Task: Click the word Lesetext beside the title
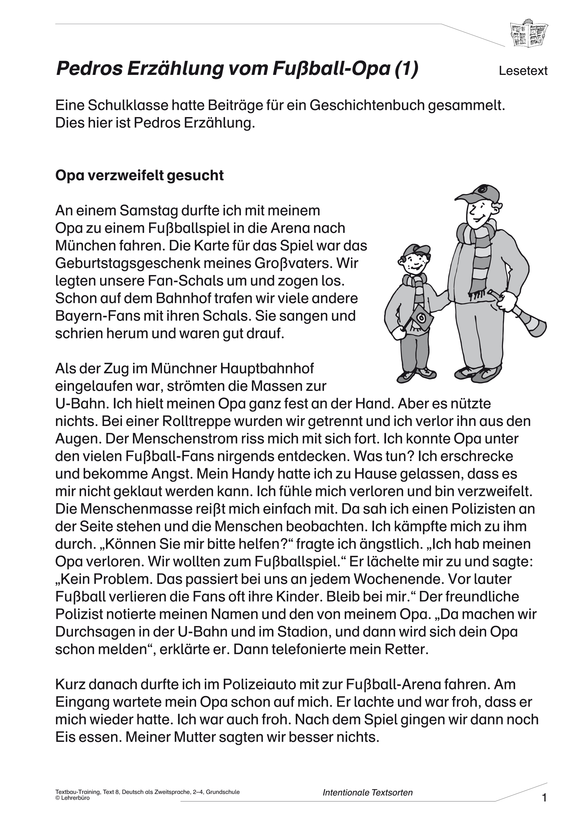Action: click(523, 71)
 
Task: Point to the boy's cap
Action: click(416, 250)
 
